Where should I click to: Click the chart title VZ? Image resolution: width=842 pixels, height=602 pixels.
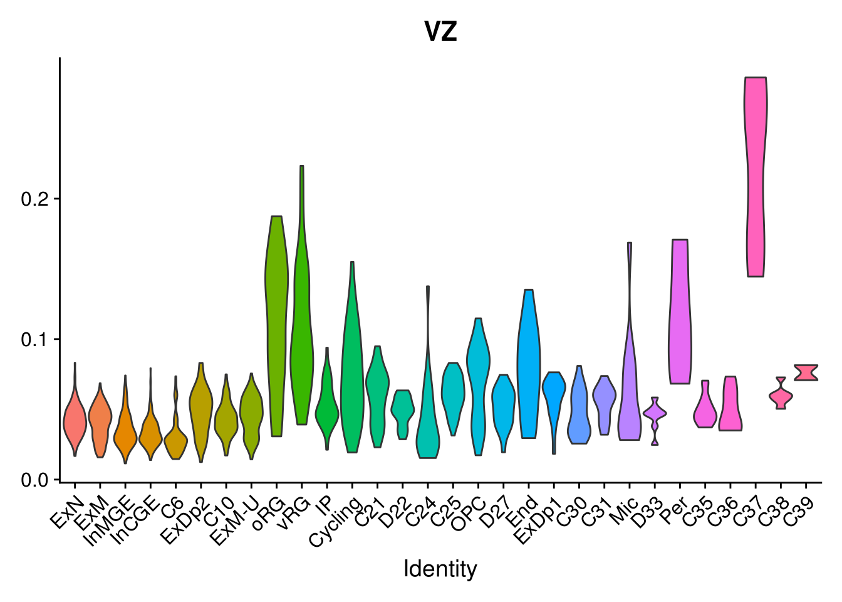(x=440, y=31)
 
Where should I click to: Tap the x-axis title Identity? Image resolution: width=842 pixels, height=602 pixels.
(x=440, y=569)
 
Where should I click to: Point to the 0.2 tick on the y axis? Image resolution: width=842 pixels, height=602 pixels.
(x=36, y=199)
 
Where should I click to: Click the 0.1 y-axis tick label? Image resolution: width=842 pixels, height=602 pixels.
(x=36, y=339)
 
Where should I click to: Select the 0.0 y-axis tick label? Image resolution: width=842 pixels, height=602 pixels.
(x=36, y=480)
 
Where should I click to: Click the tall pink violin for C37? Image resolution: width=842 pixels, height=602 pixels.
(x=755, y=176)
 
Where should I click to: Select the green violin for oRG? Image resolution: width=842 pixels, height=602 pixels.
(x=276, y=314)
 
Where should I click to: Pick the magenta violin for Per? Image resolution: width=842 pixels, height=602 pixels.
(x=680, y=314)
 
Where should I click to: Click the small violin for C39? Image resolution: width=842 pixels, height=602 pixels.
(x=806, y=372)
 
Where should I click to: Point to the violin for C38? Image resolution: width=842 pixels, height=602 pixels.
(x=780, y=396)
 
